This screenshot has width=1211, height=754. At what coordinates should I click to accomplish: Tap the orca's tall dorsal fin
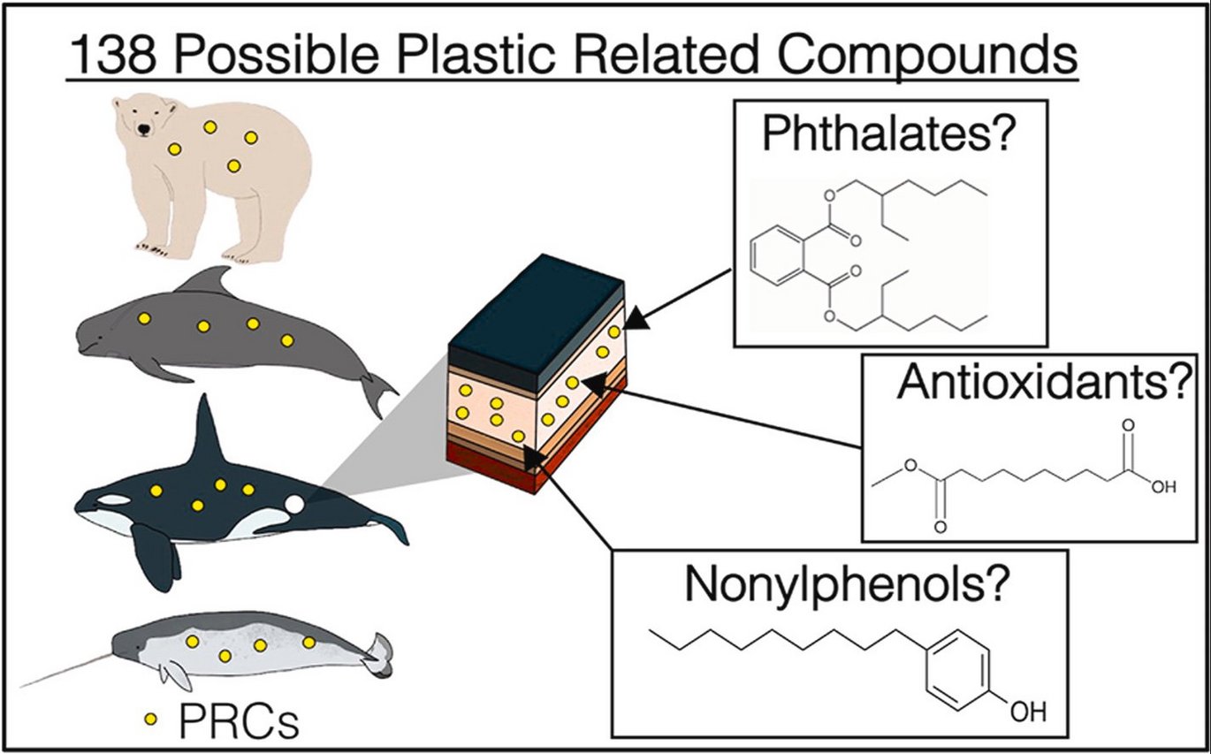(x=208, y=438)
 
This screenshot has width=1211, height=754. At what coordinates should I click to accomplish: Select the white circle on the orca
(x=294, y=504)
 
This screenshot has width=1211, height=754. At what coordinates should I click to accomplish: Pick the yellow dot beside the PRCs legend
(x=151, y=720)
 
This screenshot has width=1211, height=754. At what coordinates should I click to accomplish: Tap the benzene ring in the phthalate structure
(x=778, y=263)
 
